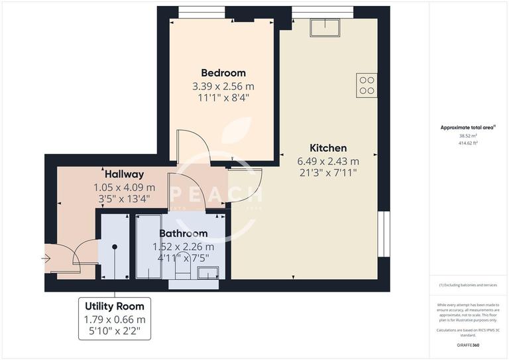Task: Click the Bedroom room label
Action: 223,73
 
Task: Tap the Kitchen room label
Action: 328,148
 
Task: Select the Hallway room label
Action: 124,174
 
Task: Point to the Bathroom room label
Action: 183,233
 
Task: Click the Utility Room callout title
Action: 115,306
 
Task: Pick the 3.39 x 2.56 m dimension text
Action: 223,86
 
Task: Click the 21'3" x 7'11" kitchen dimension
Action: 328,173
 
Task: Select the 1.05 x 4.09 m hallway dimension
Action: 124,187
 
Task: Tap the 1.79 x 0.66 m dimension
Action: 115,320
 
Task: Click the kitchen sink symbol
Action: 325,26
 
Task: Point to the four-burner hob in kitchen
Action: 367,85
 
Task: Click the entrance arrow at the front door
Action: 46,258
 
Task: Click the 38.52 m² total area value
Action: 469,136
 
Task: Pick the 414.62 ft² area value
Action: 469,143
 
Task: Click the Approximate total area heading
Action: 468,127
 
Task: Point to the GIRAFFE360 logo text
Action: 469,345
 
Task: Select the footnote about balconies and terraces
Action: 469,285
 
